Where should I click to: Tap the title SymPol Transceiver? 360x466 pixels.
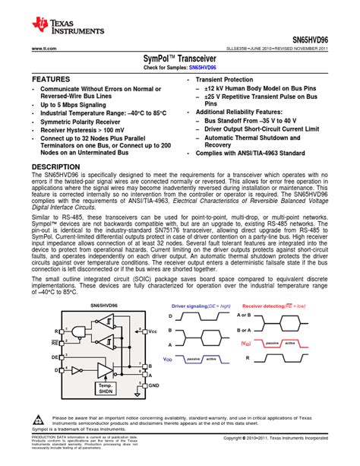[x=179, y=58]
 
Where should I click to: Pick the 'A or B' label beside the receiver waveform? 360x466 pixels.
[x=264, y=315]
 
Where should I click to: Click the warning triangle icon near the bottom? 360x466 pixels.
[x=38, y=420]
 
